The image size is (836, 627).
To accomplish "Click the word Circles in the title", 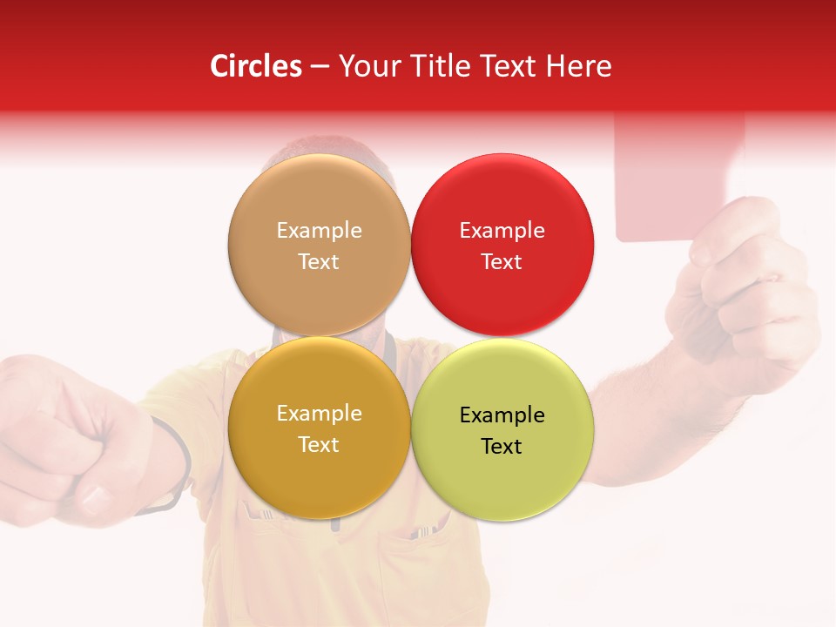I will (x=255, y=66).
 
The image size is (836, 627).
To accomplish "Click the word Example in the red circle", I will (x=502, y=231).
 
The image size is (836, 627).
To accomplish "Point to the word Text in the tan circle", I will (x=319, y=262).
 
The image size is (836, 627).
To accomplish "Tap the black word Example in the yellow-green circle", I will (x=502, y=415).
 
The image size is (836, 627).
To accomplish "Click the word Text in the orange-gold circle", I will (x=319, y=445).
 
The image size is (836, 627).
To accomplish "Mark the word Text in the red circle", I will (x=502, y=262).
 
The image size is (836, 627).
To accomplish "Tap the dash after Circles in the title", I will (x=320, y=67).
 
